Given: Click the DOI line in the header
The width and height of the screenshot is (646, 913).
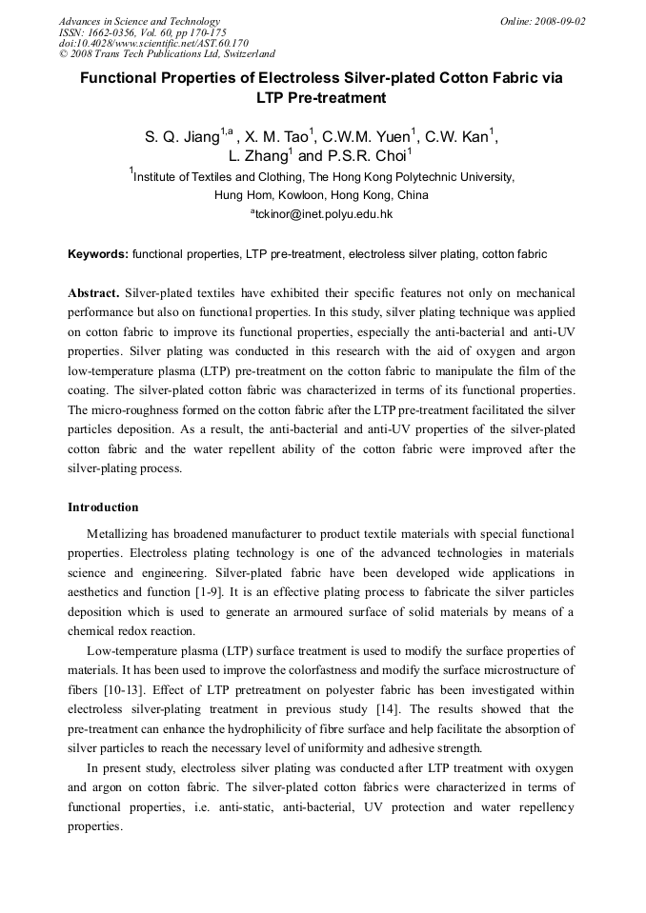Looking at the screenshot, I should [153, 43].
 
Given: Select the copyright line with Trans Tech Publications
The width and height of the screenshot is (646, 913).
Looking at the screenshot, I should [167, 54].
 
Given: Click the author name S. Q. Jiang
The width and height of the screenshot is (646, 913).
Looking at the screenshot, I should [181, 137].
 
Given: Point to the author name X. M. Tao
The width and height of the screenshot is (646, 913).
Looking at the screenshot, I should [277, 137].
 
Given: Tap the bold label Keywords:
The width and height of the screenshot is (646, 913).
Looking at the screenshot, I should [97, 255].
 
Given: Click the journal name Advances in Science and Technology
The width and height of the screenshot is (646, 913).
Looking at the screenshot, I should [139, 21].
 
